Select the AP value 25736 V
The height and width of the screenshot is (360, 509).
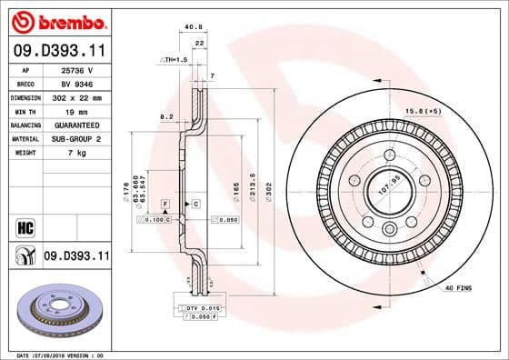[x=75, y=69]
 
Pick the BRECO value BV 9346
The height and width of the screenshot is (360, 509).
[x=75, y=82]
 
